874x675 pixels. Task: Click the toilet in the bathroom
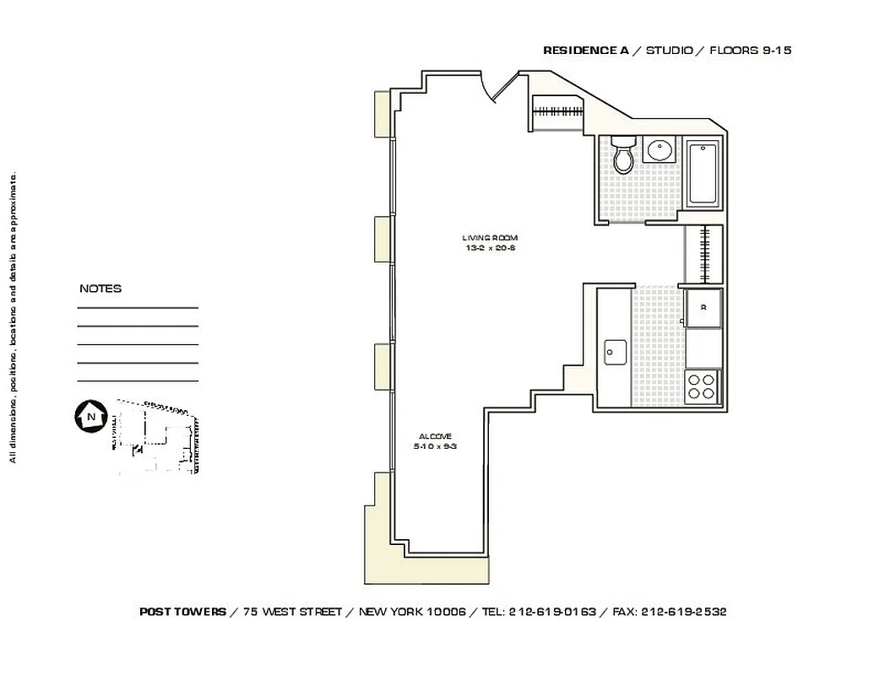tap(623, 155)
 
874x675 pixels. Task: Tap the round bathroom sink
tap(659, 151)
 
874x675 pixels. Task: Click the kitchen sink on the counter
tap(614, 351)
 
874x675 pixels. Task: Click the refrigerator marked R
tap(703, 309)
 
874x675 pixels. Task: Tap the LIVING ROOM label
tap(490, 238)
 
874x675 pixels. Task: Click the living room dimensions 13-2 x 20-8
tap(490, 248)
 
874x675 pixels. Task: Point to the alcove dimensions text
tap(435, 446)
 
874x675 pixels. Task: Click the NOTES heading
tap(100, 289)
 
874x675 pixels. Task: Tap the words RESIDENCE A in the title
tap(585, 51)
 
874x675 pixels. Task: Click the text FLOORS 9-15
tap(751, 51)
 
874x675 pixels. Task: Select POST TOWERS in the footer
tap(182, 612)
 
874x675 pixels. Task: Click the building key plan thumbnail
tap(156, 437)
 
